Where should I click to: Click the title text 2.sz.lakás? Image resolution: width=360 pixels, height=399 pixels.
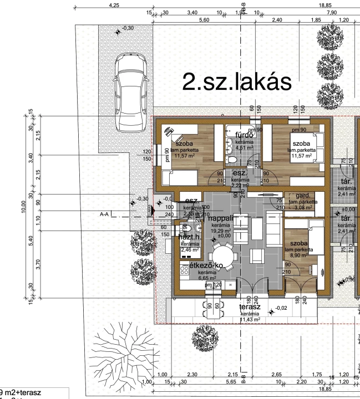[237, 82]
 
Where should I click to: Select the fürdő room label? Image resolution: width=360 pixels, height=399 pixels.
[245, 135]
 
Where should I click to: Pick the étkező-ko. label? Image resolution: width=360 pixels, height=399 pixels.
[206, 265]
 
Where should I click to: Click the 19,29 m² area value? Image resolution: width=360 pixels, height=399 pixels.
[220, 231]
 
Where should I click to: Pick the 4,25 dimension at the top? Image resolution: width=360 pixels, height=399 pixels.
[114, 5]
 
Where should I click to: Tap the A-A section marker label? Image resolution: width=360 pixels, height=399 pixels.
[103, 213]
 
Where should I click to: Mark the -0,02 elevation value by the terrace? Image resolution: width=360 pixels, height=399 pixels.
[282, 308]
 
